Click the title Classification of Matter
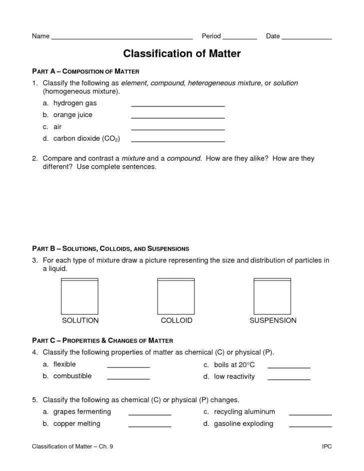(182, 53)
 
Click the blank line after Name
(122, 38)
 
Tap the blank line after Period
(239, 38)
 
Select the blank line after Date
(306, 38)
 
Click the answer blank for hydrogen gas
(177, 105)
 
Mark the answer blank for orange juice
(177, 117)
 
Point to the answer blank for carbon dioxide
(177, 140)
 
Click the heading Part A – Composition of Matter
(85, 71)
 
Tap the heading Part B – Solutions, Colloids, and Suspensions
(110, 248)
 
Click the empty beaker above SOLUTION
(80, 296)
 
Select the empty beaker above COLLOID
(176, 296)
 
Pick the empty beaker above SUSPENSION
(272, 296)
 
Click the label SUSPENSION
(272, 320)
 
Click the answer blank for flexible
(128, 366)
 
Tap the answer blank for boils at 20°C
(289, 366)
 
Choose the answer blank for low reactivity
(289, 379)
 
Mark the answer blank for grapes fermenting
(150, 414)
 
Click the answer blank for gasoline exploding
(310, 426)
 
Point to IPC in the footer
(326, 446)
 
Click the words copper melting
(77, 423)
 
